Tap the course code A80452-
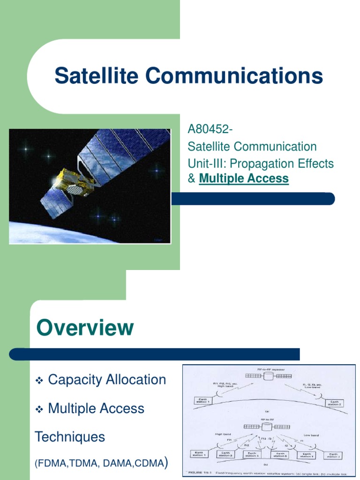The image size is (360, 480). click(210, 129)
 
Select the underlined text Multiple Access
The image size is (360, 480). click(244, 179)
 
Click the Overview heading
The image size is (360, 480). click(85, 328)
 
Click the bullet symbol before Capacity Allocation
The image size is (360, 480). click(40, 381)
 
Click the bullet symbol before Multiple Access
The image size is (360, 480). click(40, 410)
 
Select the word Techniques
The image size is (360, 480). click(70, 437)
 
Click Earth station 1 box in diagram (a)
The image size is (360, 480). click(203, 400)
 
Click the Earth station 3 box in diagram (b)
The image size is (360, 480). click(227, 454)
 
